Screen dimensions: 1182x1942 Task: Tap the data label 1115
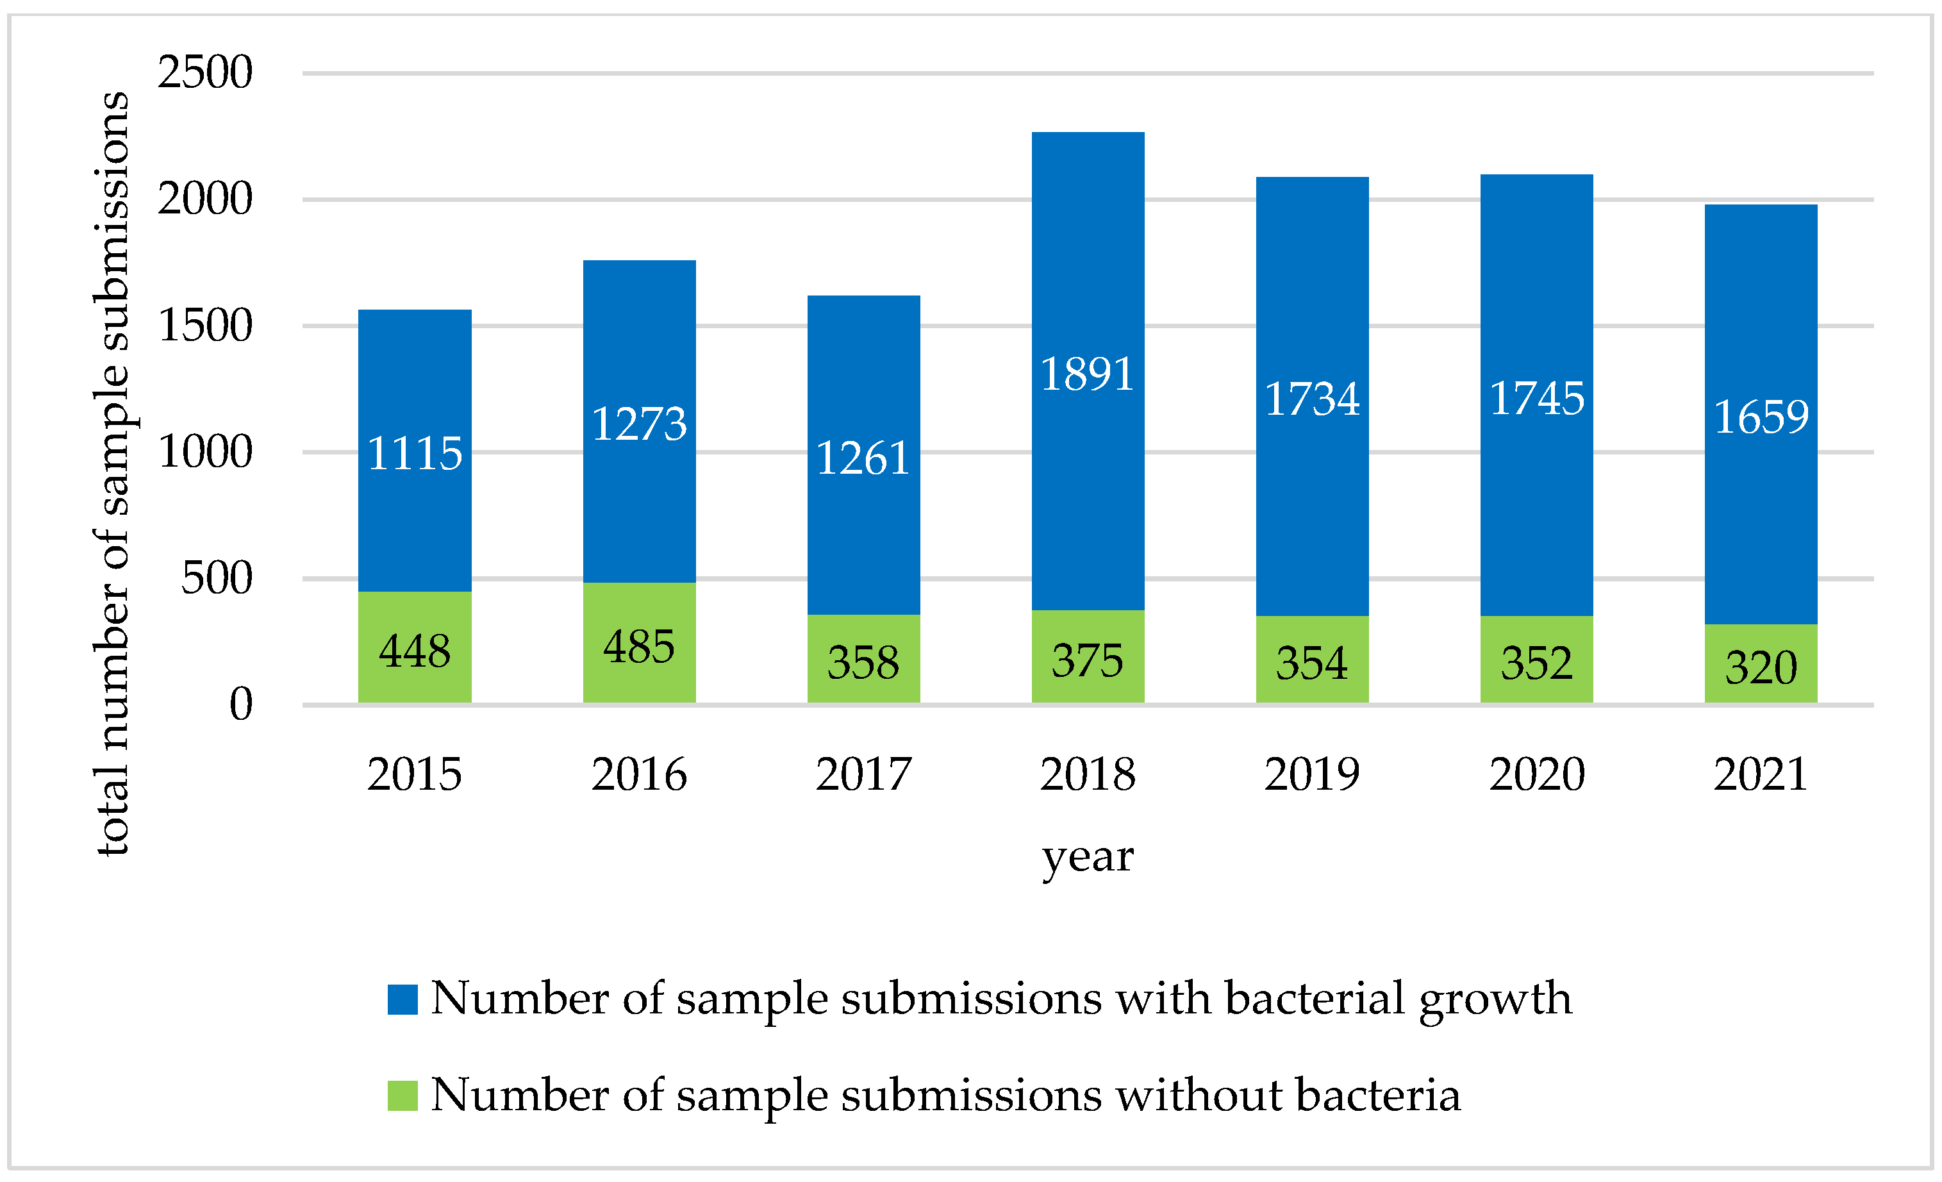[415, 454]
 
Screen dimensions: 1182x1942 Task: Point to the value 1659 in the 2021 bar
[1761, 417]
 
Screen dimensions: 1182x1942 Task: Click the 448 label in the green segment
[415, 651]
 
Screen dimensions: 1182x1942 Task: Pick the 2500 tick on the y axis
[205, 72]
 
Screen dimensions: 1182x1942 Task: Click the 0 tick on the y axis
[240, 704]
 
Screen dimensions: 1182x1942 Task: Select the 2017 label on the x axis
[863, 774]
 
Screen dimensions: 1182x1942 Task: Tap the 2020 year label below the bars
[1536, 774]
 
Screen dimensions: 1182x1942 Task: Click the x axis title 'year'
[1087, 856]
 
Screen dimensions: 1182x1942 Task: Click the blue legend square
[402, 999]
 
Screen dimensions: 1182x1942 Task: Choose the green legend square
[402, 1095]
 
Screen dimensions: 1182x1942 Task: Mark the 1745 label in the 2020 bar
[1536, 398]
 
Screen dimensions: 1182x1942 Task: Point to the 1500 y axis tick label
[205, 326]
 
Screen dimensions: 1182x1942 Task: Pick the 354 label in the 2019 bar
[1311, 663]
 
